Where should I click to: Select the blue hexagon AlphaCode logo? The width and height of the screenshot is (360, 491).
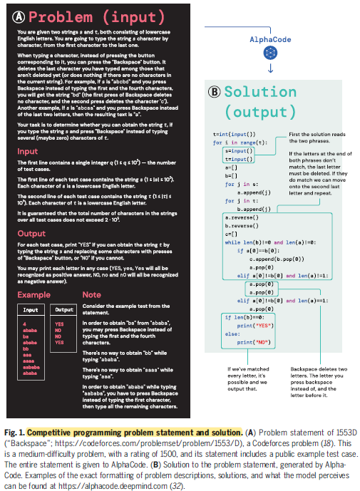(x=270, y=55)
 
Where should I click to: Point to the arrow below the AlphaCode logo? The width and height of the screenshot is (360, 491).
(x=270, y=70)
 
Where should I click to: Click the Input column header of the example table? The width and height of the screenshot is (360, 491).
(x=31, y=310)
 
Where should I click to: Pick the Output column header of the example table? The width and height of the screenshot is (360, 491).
(x=65, y=310)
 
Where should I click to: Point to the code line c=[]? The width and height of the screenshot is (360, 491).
(x=232, y=233)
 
